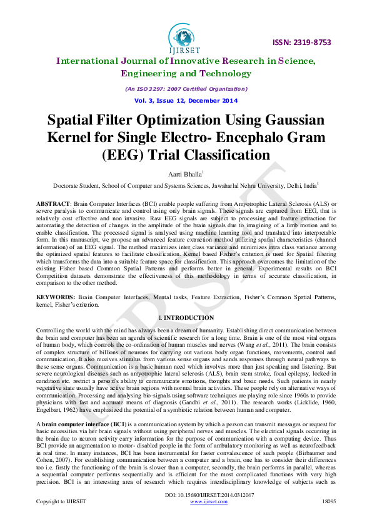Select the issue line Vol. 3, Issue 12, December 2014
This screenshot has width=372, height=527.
pyautogui.click(x=186, y=101)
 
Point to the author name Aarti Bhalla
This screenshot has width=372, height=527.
pyautogui.click(x=185, y=173)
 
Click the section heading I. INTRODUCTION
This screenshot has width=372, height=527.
pyautogui.click(x=186, y=318)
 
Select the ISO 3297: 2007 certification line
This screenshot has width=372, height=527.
pyautogui.click(x=186, y=89)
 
